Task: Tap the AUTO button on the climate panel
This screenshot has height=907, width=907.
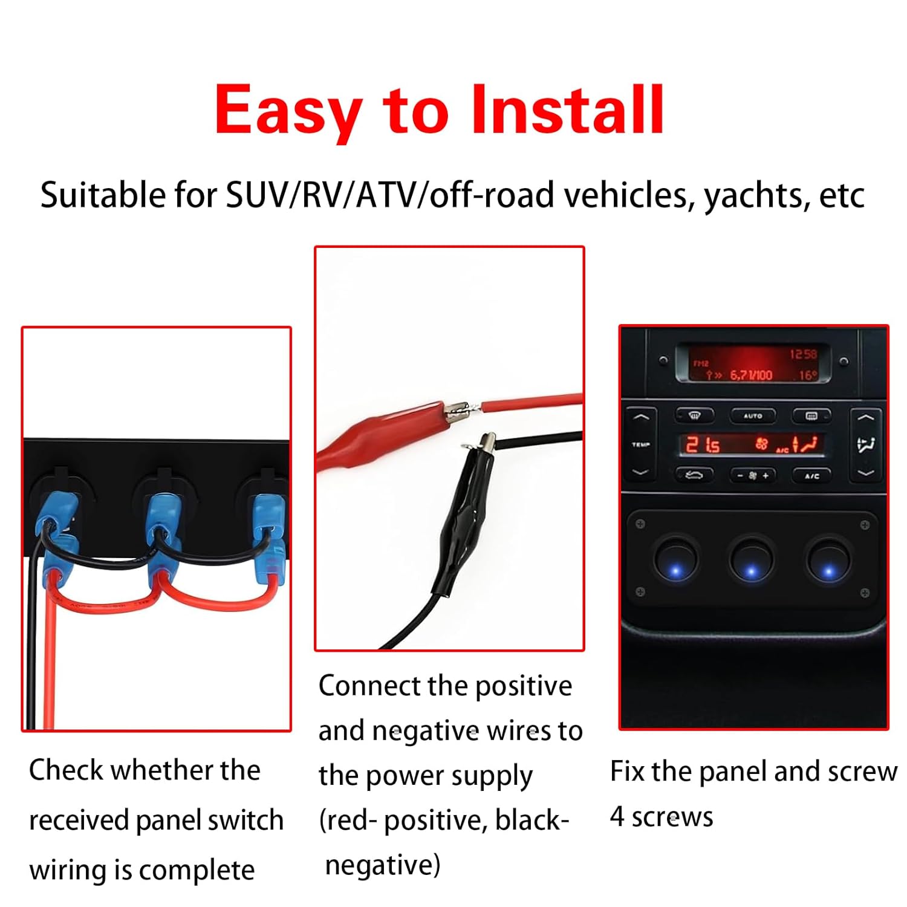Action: pos(752,416)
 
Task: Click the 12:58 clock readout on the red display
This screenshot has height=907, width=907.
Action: pos(803,354)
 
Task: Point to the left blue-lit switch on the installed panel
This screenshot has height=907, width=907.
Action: pos(675,559)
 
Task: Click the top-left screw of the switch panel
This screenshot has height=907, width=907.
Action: pos(641,524)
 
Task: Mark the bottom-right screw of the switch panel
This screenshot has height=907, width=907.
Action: pos(865,593)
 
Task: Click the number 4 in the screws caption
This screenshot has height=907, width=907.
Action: pos(617,816)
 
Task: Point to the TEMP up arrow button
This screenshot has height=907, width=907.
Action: pos(640,418)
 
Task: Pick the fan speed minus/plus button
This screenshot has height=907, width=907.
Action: pos(753,476)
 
